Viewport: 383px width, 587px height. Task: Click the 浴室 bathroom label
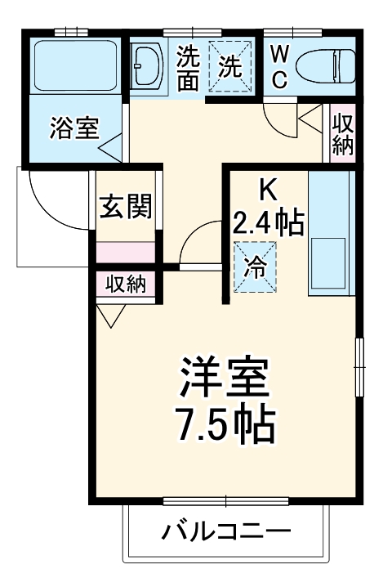[x=74, y=128]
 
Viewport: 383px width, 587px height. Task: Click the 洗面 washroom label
[x=189, y=69]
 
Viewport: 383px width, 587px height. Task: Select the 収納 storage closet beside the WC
[x=342, y=134]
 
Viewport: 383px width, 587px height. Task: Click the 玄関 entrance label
[x=126, y=208]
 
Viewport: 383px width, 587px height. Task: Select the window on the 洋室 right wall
[x=358, y=365]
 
